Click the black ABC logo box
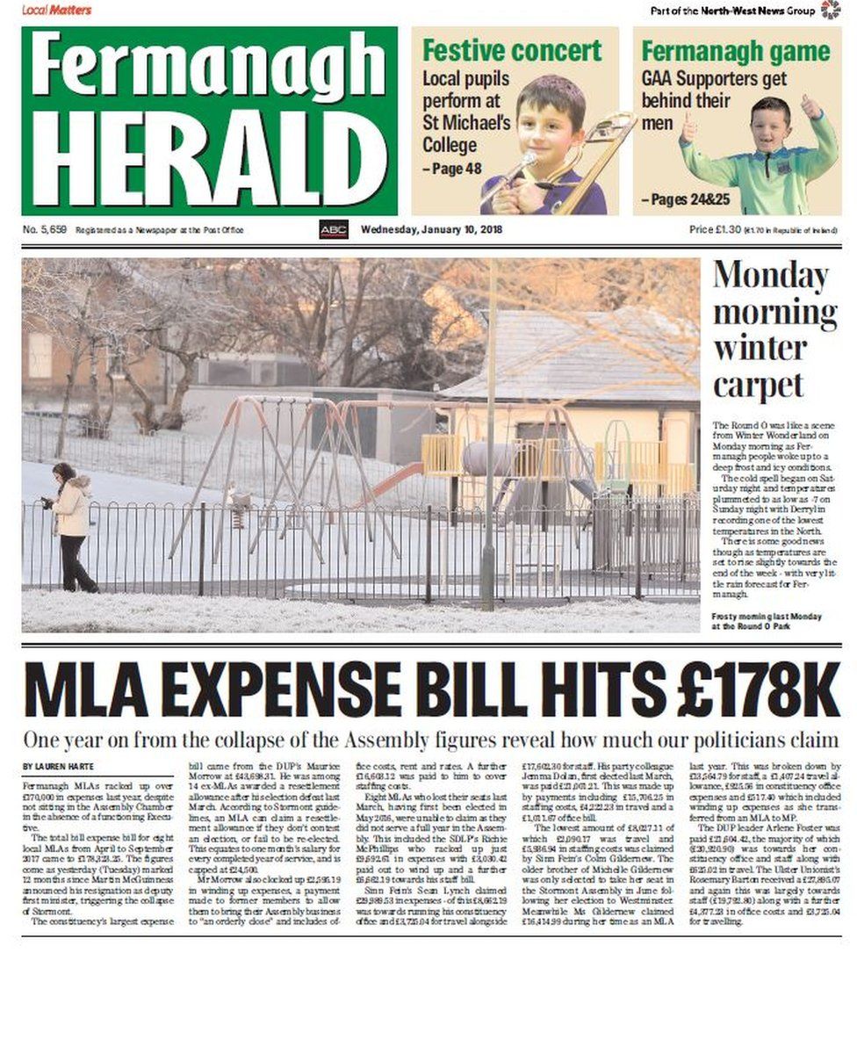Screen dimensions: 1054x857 point(333,230)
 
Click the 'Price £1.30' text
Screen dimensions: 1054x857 point(715,230)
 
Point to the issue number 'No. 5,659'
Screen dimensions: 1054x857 point(45,230)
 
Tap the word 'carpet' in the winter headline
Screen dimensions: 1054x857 point(758,384)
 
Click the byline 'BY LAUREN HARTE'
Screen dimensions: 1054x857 point(59,767)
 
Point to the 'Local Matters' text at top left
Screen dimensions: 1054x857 point(56,10)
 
